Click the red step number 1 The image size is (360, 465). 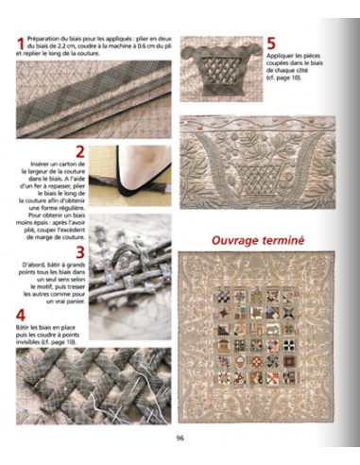[21, 44]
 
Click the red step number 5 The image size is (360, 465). [270, 43]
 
